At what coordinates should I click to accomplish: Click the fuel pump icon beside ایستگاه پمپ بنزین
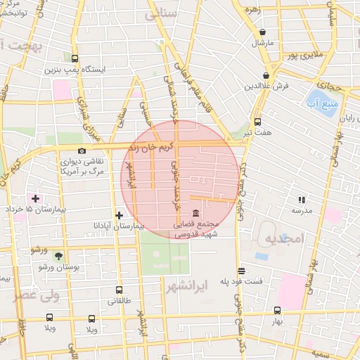pyautogui.click(x=75, y=60)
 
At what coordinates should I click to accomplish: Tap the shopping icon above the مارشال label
pyautogui.click(x=262, y=32)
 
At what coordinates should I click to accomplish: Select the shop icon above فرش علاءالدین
pyautogui.click(x=266, y=75)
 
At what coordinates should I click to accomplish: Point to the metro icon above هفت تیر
pyautogui.click(x=257, y=121)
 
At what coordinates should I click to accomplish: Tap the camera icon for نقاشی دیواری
pyautogui.click(x=82, y=151)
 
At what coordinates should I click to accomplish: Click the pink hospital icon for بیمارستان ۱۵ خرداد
pyautogui.click(x=35, y=199)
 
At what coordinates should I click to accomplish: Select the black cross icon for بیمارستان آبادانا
pyautogui.click(x=119, y=215)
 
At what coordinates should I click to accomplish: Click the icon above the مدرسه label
pyautogui.click(x=302, y=200)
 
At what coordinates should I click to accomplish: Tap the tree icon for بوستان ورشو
pyautogui.click(x=58, y=256)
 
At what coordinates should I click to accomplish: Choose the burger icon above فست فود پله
pyautogui.click(x=241, y=271)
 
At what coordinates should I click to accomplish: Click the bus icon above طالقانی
pyautogui.click(x=118, y=290)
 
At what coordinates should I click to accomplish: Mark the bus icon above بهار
pyautogui.click(x=277, y=310)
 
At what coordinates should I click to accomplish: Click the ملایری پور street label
pyautogui.click(x=307, y=53)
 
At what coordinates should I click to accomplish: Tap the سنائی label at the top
pyautogui.click(x=161, y=14)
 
